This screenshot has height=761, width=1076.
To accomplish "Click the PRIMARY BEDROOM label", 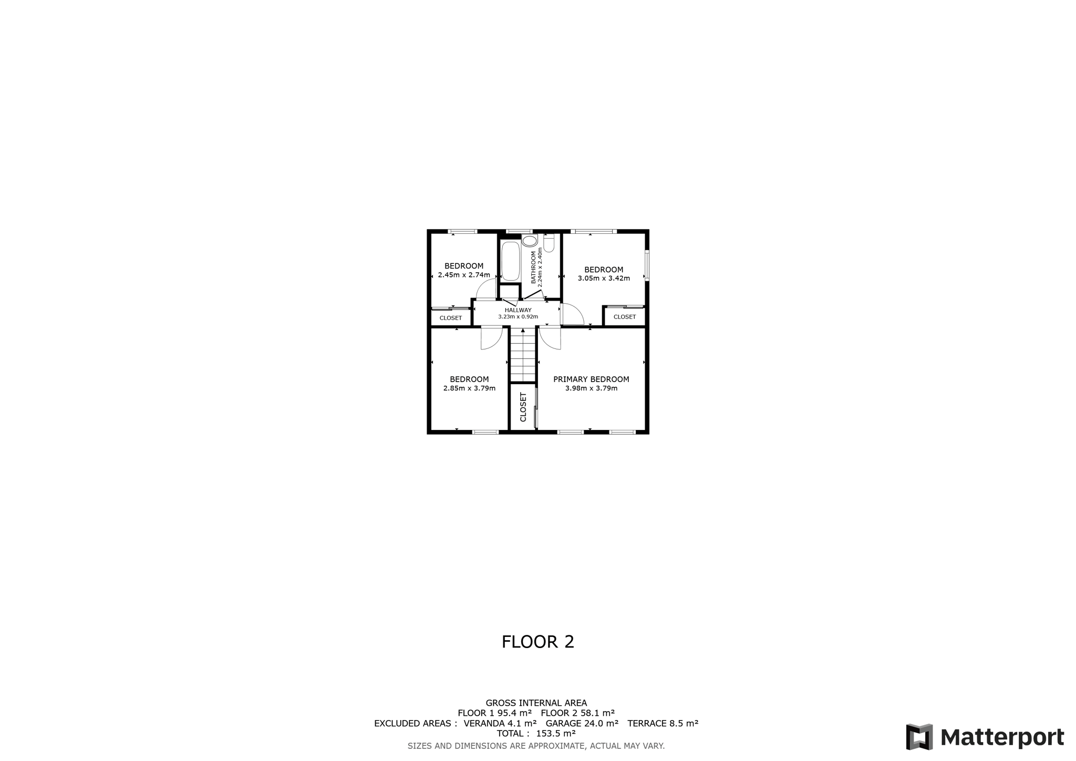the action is coord(591,379).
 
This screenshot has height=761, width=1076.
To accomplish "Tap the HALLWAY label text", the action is coord(518,310).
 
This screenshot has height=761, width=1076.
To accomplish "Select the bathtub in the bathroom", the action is coord(510,261).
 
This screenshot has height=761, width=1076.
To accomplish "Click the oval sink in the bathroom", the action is coord(530,241).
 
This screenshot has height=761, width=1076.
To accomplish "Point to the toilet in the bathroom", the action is coord(549,243).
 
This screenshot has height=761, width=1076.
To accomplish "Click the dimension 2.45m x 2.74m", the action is coord(464,275).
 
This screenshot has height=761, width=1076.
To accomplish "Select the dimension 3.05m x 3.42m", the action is coord(604,279).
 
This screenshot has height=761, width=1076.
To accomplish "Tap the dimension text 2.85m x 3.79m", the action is coord(469,388).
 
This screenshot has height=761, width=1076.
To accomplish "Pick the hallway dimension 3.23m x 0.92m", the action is coord(518,317).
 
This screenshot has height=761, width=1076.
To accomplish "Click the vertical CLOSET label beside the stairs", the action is coord(523,407).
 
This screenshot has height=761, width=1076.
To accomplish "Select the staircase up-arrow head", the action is coord(523,331).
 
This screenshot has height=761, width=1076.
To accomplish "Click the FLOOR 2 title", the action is coord(538,642).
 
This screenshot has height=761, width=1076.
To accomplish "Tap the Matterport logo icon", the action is coord(919,737).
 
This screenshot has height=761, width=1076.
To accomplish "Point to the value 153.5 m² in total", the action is coord(556,734).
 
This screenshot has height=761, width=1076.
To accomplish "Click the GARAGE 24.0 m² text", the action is coord(582,724).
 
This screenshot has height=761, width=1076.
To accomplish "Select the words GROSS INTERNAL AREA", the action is coord(536,703).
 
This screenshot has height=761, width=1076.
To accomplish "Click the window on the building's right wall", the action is coord(647,265).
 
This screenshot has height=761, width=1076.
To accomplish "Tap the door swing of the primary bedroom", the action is coord(550,338).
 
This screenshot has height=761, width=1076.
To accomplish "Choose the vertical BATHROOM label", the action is coord(534,268).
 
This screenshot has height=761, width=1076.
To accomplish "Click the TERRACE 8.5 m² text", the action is coord(663,724).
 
